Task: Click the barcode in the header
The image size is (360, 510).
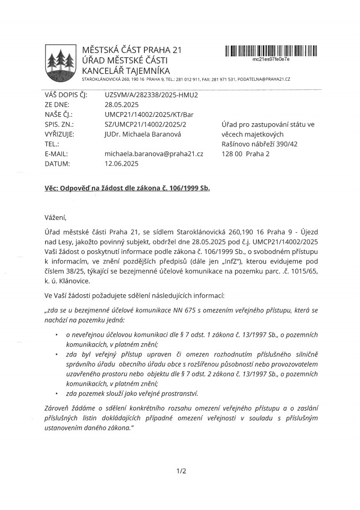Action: click(x=270, y=52)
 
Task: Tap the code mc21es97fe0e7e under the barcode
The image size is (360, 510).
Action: click(x=271, y=60)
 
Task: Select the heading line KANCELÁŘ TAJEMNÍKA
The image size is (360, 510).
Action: click(x=126, y=70)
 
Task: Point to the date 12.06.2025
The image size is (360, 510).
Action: click(x=122, y=164)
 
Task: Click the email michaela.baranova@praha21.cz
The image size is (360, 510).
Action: click(x=154, y=154)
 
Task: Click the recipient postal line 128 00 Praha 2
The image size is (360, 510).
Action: click(x=245, y=154)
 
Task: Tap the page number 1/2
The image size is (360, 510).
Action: click(x=181, y=471)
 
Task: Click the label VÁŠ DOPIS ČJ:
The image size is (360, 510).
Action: click(x=66, y=95)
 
